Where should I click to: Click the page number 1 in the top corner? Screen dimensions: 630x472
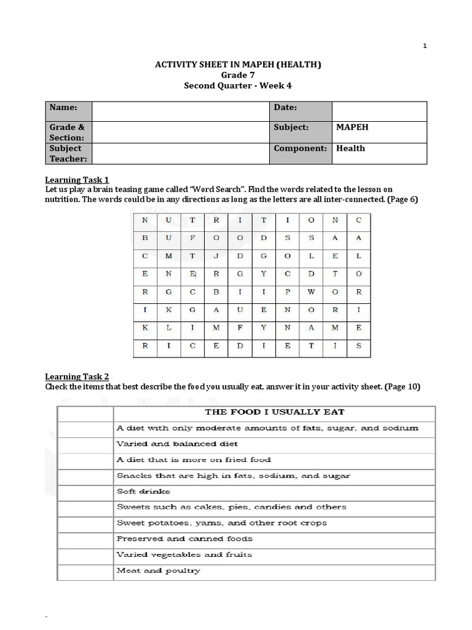[425, 46]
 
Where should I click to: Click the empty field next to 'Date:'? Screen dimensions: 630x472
[379, 111]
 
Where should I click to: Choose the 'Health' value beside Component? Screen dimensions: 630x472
[350, 148]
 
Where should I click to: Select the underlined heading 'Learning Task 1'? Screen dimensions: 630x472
[77, 180]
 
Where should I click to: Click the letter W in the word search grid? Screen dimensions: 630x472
[312, 292]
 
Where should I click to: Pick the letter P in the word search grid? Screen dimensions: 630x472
[288, 292]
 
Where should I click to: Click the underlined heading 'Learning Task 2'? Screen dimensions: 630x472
[77, 377]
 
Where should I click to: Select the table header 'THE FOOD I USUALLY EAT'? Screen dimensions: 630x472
[274, 412]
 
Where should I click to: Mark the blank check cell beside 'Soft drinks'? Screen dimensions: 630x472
[85, 492]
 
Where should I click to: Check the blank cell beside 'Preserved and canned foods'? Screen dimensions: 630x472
[85, 539]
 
